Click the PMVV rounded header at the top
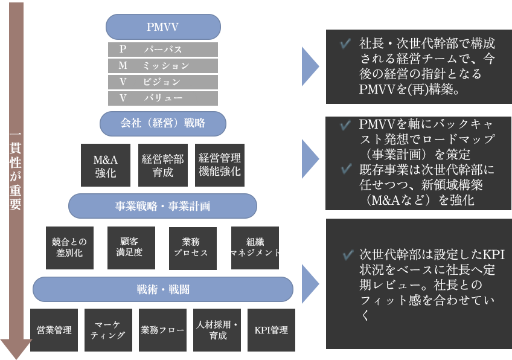(163, 27)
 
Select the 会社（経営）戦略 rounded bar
(163, 123)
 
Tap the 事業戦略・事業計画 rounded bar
(163, 206)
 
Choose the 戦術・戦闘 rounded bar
(163, 289)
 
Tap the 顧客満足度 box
(131, 247)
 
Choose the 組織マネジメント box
(255, 247)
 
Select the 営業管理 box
(54, 330)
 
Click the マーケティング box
(108, 330)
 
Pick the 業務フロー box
(162, 330)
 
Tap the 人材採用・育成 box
(217, 330)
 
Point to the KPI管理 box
(271, 330)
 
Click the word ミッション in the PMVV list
(165, 65)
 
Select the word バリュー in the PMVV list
(163, 97)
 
